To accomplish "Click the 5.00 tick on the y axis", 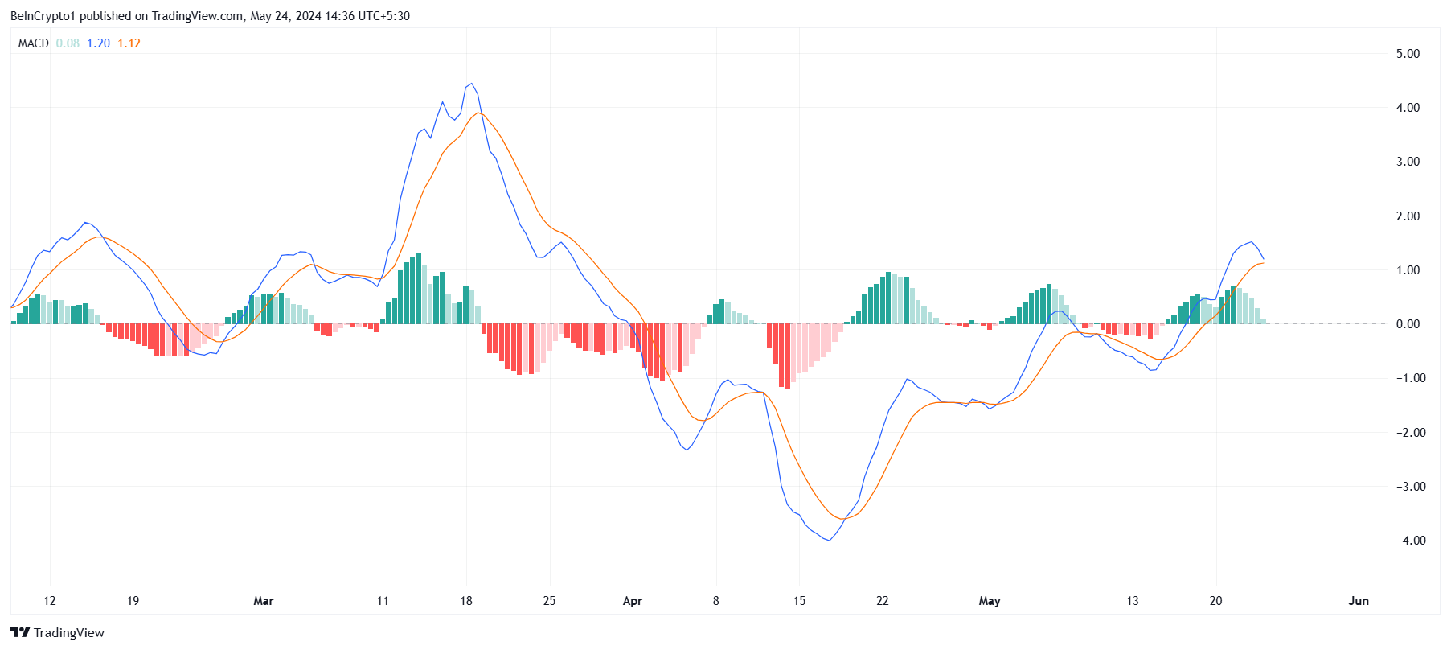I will pos(1408,54).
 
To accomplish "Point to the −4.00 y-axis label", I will pos(1408,541).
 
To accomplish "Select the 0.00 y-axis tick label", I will pos(1408,324).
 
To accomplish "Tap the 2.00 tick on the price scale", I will pos(1408,216).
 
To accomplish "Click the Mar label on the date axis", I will pos(264,601).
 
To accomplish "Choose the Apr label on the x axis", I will pos(633,601).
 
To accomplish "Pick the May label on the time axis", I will pos(990,601).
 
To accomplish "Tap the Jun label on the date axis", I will pos(1359,601).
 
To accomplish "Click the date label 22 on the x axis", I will pos(883,601).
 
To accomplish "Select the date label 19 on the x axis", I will pos(133,601).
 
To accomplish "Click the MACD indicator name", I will pos(34,43).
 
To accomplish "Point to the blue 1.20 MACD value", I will pos(98,43).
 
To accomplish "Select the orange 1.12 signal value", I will pos(129,43).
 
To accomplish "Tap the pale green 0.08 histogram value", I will pos(68,43).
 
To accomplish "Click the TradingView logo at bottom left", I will pos(57,632).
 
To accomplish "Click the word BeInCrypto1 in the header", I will pos(43,16).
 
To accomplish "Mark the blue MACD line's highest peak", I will pos(471,84).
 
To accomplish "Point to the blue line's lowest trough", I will pos(829,541).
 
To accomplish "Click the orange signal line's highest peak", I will pos(479,113).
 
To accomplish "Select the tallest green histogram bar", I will pos(419,289).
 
